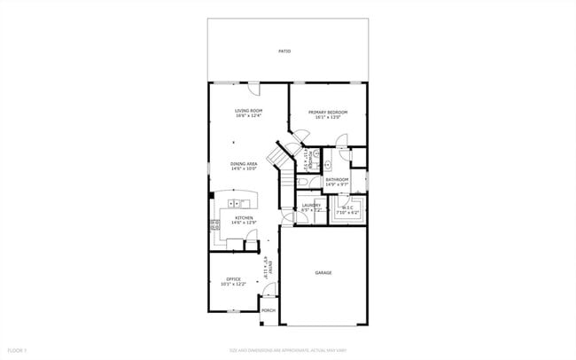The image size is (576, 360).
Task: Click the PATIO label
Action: pos(284,51)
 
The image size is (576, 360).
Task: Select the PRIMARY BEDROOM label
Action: pos(327,112)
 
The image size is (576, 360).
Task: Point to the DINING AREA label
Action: pos(244,164)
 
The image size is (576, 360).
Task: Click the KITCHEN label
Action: pos(244,217)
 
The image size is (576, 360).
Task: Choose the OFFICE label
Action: pos(233,279)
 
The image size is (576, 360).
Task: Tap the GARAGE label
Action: pos(323,272)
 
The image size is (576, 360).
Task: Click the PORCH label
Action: pos(269,310)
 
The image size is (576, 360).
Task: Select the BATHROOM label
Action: pos(337,180)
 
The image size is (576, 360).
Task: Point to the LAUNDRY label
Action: pos(310,205)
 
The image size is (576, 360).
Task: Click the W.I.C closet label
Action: pos(347,207)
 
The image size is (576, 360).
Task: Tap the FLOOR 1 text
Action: pos(18,352)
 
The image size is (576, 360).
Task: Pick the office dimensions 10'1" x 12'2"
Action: pos(233,285)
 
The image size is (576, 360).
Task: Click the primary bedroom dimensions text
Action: pos(327,117)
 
